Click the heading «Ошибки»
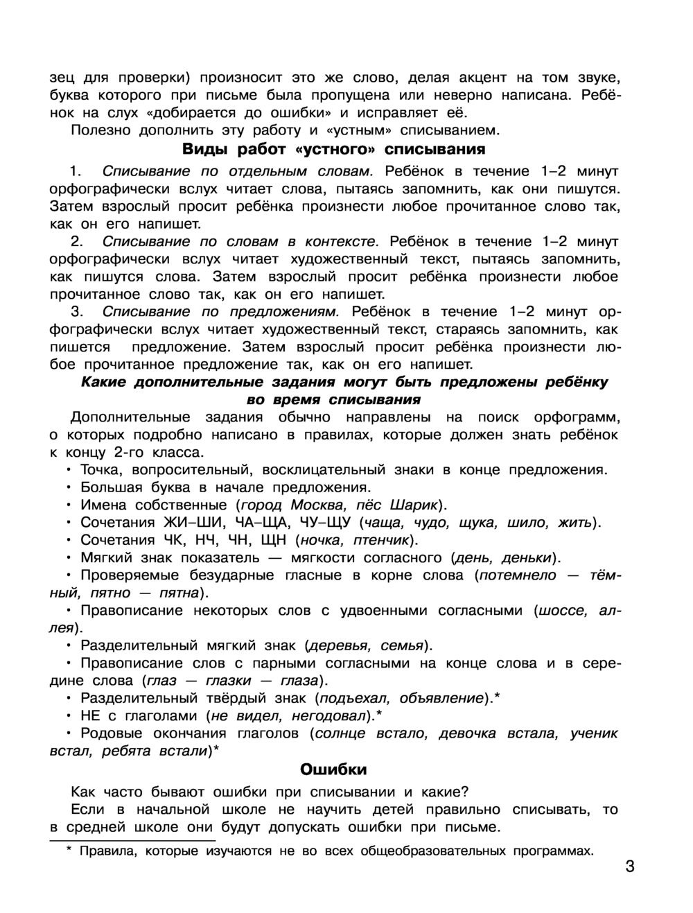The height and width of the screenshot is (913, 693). [x=333, y=769]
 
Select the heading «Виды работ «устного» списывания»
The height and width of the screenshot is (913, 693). [x=333, y=149]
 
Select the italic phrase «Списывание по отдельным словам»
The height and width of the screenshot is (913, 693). [x=238, y=171]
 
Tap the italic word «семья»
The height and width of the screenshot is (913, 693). [x=403, y=645]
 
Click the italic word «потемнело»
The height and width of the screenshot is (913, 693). [x=518, y=575]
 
